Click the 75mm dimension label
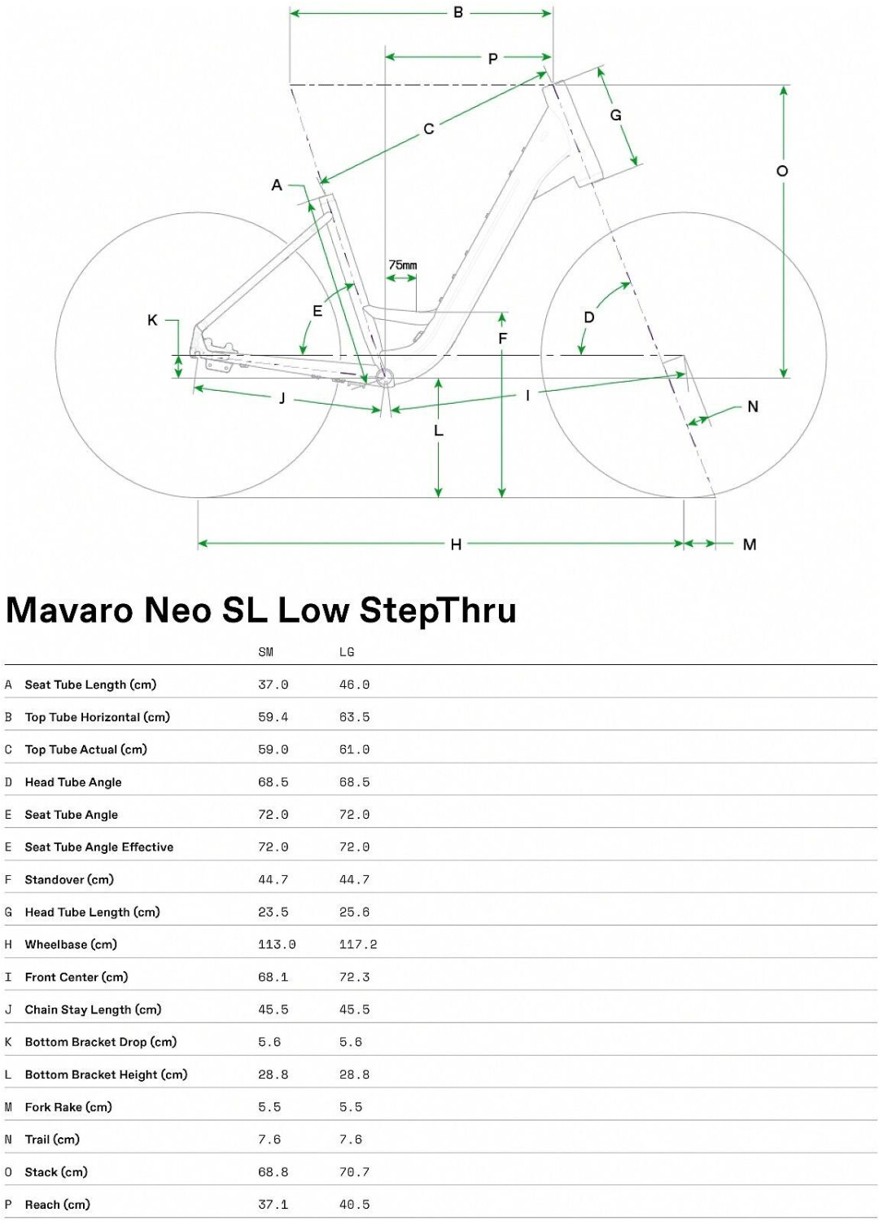click(x=403, y=265)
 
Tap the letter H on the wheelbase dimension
click(x=456, y=544)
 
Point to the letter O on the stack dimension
click(x=781, y=171)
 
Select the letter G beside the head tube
click(x=615, y=115)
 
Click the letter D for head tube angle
click(x=589, y=317)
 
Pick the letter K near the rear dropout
click(x=152, y=320)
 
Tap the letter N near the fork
click(x=753, y=407)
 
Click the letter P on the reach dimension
click(x=492, y=59)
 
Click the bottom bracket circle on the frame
click(x=383, y=375)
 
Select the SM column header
click(x=266, y=652)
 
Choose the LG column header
click(x=347, y=652)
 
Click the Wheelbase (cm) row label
click(x=71, y=944)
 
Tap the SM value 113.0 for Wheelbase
click(x=277, y=944)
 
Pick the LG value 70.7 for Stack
click(x=354, y=1172)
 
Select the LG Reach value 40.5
click(x=354, y=1205)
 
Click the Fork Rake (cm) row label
click(x=68, y=1107)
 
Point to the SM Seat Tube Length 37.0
click(x=273, y=685)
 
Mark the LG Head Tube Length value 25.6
click(x=354, y=912)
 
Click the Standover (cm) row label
click(x=69, y=880)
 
